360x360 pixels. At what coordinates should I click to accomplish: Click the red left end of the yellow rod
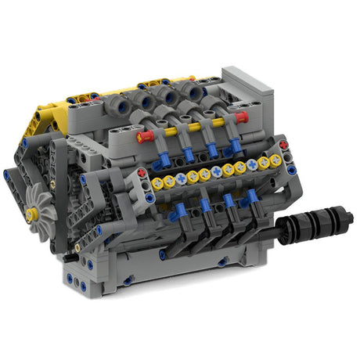(143, 136)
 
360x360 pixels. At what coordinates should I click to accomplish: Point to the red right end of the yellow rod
(241, 117)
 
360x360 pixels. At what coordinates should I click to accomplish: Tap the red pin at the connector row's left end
(142, 173)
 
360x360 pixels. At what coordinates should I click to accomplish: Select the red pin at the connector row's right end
(283, 146)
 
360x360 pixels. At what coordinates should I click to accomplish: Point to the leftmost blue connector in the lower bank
(179, 211)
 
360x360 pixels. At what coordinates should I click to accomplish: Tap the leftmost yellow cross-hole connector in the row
(157, 184)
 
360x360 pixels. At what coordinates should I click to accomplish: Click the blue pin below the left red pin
(142, 185)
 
